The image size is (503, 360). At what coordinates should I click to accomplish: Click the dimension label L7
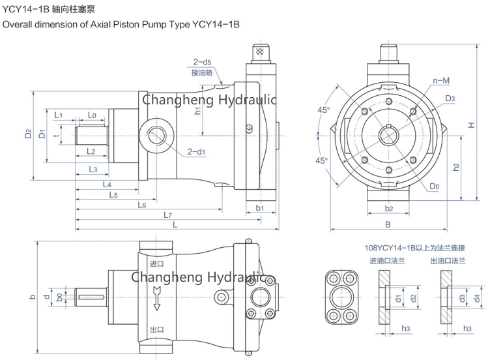point(167,215)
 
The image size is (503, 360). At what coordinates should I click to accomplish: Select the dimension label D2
point(28,134)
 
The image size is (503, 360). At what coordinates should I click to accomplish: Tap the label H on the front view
point(470,124)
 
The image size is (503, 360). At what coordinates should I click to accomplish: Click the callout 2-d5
point(202,63)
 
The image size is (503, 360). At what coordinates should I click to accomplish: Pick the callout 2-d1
point(196,152)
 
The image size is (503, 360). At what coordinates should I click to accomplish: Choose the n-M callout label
point(441,81)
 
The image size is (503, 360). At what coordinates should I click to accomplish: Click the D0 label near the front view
point(434,186)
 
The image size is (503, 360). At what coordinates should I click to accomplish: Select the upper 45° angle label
point(324,110)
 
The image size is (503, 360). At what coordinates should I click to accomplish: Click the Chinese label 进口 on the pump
point(156,264)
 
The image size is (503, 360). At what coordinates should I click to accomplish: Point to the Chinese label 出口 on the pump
point(156,329)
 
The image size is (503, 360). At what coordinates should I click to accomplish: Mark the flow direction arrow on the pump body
point(156,301)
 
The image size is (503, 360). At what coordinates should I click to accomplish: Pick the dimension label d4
point(478,298)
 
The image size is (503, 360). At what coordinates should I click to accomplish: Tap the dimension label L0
point(92,115)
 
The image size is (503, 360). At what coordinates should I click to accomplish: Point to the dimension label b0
point(59,297)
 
